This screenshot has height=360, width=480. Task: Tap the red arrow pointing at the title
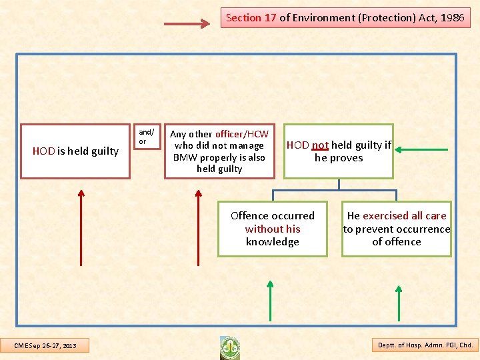tap(187, 24)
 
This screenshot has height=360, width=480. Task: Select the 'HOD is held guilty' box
tap(75, 151)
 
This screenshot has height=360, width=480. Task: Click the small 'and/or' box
tap(146, 137)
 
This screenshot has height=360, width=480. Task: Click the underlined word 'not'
tap(320, 145)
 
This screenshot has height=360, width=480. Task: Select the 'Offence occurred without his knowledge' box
tap(273, 229)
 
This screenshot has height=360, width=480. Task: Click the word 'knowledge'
tap(273, 241)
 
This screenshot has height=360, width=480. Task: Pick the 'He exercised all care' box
tap(397, 229)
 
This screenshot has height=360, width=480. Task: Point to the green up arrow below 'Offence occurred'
tap(270, 301)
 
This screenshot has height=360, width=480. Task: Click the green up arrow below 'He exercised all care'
tap(399, 303)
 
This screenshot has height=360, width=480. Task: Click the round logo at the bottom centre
tap(230, 347)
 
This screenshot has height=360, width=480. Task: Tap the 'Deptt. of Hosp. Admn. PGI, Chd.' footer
tap(425, 345)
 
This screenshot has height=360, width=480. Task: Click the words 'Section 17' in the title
tap(251, 18)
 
